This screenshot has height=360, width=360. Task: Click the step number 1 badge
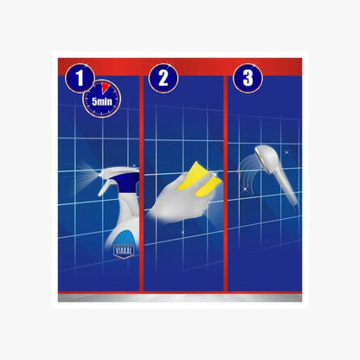point(80,78)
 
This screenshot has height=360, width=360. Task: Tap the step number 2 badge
point(164,78)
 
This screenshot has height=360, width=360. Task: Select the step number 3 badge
point(247,78)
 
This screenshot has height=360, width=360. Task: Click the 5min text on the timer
point(102,101)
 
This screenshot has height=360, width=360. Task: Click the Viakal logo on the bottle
point(124,252)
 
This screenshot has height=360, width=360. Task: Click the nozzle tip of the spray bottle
point(101,175)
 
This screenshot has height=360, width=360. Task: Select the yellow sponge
point(199,177)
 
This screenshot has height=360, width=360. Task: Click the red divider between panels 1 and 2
point(141,183)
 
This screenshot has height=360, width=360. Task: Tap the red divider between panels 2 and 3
point(225,183)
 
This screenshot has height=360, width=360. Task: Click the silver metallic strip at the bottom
point(180,298)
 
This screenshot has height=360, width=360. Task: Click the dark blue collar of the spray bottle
point(127,182)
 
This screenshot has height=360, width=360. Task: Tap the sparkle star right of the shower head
point(286,151)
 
